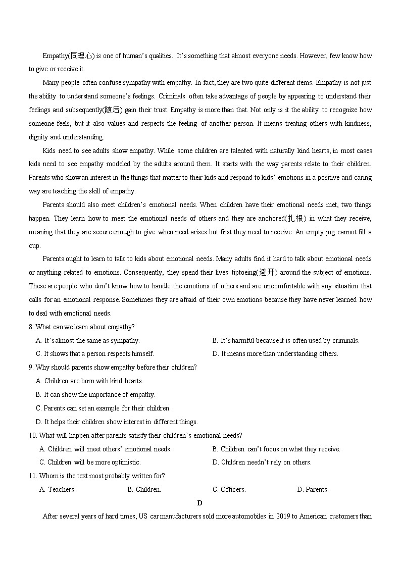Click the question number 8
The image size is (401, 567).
point(31,327)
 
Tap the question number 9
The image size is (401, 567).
point(31,368)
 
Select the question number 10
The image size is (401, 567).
point(33,436)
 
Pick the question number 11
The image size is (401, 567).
point(33,476)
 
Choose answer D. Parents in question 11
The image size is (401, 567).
point(313,490)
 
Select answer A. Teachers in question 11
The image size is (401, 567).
point(57,490)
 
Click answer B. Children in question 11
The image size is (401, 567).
point(144,490)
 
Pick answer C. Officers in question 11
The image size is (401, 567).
point(229,490)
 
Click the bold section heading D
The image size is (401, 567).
point(200,503)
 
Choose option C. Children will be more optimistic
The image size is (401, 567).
point(90,462)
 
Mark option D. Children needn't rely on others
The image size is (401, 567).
point(262,462)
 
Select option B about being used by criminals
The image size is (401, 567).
point(286,341)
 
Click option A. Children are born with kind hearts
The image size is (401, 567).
point(89,381)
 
